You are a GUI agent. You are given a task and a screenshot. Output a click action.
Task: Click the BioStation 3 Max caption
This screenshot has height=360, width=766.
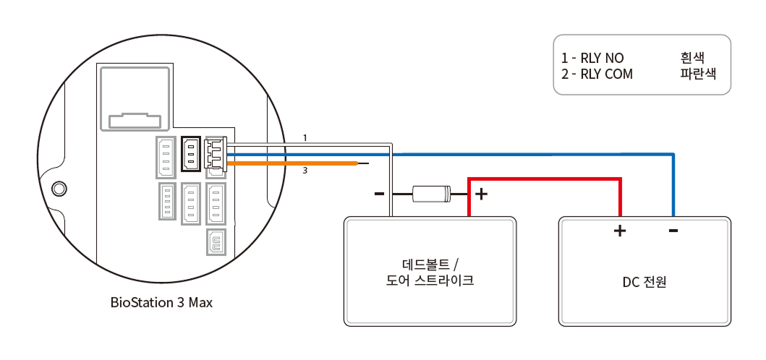click(x=161, y=302)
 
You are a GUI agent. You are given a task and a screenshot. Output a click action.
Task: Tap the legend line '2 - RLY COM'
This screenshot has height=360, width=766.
click(x=597, y=74)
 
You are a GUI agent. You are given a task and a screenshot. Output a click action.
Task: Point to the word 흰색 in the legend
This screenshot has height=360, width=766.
click(x=692, y=57)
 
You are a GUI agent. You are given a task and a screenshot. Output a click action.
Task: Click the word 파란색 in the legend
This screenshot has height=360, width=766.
click(x=697, y=74)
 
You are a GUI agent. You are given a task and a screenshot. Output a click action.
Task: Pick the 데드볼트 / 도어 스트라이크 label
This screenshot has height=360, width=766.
click(x=430, y=272)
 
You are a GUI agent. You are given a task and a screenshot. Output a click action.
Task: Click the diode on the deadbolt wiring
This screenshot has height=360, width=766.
click(x=431, y=194)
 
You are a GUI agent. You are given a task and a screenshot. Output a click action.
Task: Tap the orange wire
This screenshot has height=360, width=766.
click(x=304, y=164)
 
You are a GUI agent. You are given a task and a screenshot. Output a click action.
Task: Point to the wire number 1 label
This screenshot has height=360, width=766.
click(x=305, y=137)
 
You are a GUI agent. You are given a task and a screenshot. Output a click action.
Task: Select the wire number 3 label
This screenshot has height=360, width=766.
click(x=305, y=171)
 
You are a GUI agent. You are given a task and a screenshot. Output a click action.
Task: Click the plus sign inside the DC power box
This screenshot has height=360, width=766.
click(x=620, y=231)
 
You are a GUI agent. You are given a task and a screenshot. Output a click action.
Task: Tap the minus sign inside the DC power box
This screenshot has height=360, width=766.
click(x=673, y=231)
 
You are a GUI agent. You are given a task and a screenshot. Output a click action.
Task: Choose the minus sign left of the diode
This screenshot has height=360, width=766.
click(x=378, y=194)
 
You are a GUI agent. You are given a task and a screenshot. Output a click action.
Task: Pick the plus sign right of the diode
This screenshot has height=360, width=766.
click(x=482, y=194)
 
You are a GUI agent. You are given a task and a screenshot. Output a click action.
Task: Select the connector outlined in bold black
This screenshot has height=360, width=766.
click(x=191, y=154)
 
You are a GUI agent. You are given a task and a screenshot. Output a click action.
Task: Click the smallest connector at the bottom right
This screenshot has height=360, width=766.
click(x=216, y=242)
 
